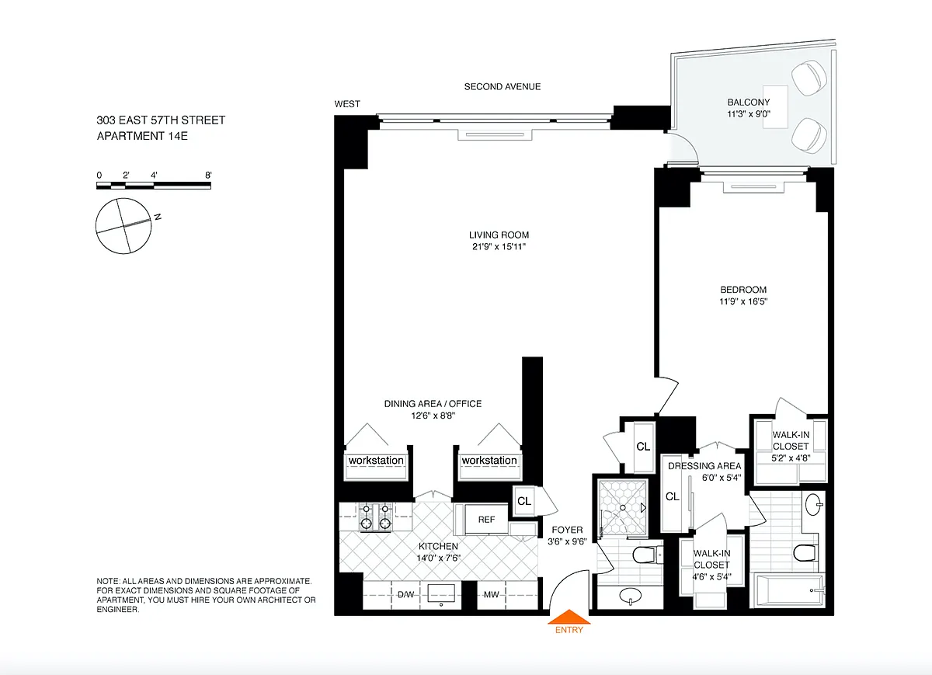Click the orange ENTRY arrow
click(x=569, y=618)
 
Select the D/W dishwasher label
click(x=405, y=595)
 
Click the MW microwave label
click(x=491, y=595)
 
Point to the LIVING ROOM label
click(x=499, y=235)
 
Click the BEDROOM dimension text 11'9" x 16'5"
click(x=743, y=301)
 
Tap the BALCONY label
click(x=749, y=102)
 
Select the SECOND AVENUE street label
click(x=503, y=86)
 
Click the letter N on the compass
click(x=158, y=217)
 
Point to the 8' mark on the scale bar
click(x=208, y=176)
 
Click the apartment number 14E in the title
click(x=178, y=136)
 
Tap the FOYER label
click(x=567, y=530)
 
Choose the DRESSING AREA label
click(x=704, y=466)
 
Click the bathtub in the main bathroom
click(x=788, y=590)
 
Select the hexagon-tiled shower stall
click(x=623, y=507)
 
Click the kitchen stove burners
click(x=376, y=517)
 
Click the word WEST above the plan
click(x=347, y=104)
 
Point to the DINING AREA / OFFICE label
click(x=433, y=404)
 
